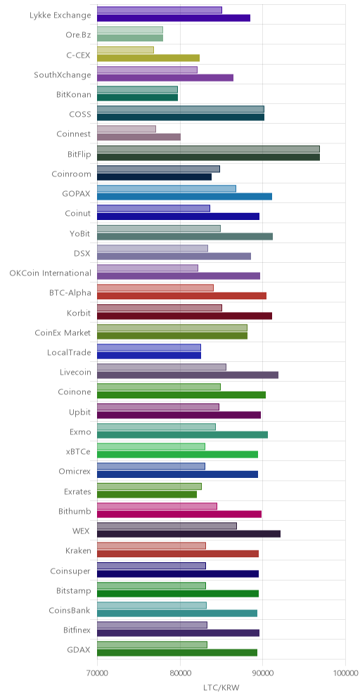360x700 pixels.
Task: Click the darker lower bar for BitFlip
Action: click(x=208, y=157)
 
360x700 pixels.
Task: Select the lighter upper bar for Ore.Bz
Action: click(x=130, y=30)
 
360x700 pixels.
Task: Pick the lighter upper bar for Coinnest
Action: click(x=127, y=129)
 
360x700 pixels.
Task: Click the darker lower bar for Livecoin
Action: click(x=188, y=375)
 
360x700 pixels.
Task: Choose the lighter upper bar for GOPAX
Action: click(x=167, y=188)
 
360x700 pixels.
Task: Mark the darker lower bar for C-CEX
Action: click(x=148, y=58)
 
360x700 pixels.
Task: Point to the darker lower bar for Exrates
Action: click(x=147, y=494)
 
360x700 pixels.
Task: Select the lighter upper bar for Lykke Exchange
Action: click(x=160, y=11)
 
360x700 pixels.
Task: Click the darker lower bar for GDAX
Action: click(x=177, y=653)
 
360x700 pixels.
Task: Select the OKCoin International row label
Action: click(x=50, y=273)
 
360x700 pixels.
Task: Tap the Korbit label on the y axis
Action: click(x=79, y=313)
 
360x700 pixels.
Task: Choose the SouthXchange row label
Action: click(x=63, y=74)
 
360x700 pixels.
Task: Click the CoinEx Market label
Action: click(x=63, y=332)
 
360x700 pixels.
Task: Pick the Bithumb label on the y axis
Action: click(x=75, y=511)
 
